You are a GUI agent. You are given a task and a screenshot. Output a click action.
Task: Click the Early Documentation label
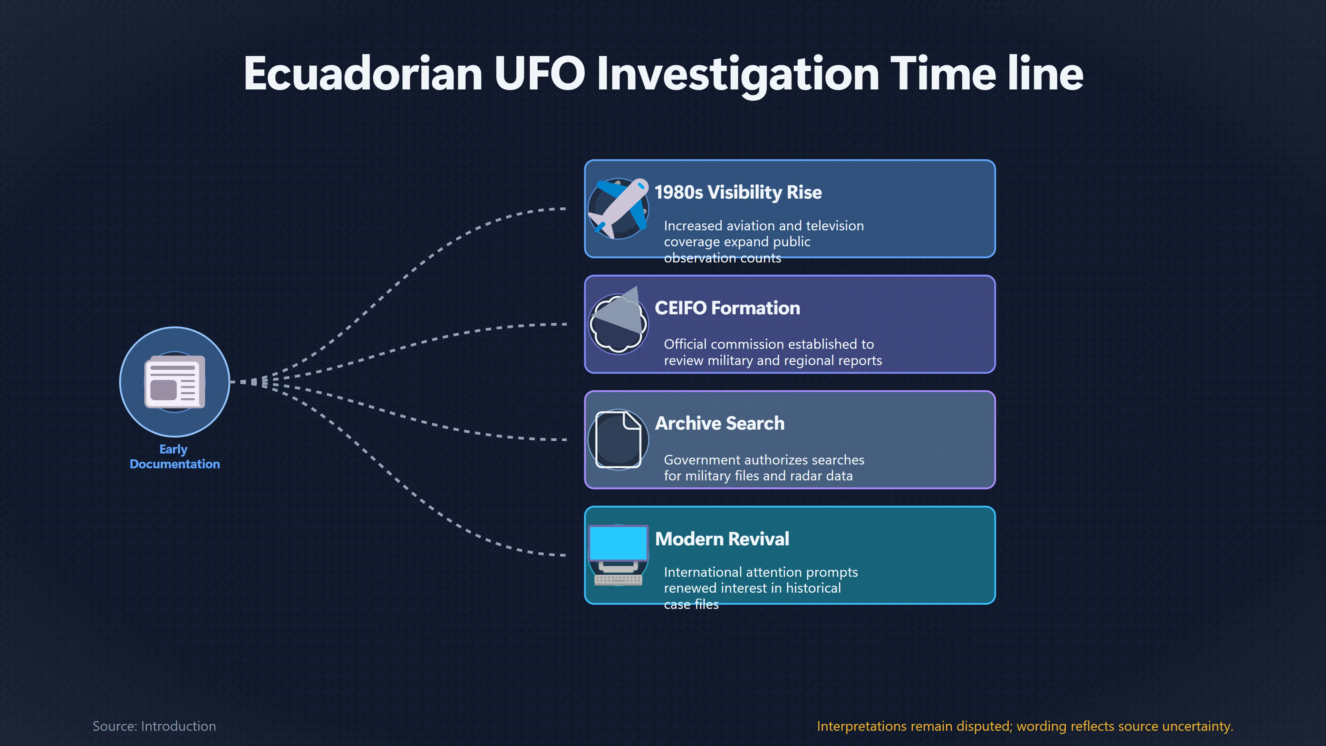(x=174, y=457)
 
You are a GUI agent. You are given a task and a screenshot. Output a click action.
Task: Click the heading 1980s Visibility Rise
(x=738, y=192)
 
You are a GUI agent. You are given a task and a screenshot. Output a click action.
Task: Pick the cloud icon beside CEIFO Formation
(x=618, y=322)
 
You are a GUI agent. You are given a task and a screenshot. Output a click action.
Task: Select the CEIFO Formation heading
(x=727, y=308)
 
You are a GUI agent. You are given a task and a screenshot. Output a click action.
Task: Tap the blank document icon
(x=618, y=439)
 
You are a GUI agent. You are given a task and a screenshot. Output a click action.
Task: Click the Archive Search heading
(x=720, y=423)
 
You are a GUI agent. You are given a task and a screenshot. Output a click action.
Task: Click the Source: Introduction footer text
(x=154, y=726)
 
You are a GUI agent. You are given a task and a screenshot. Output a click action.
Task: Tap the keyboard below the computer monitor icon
(x=618, y=580)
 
